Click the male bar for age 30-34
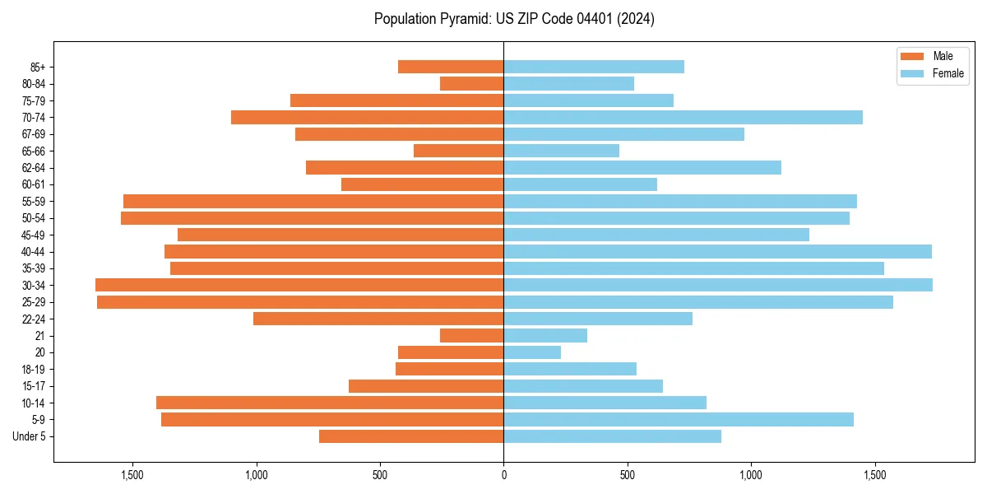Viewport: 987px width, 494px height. (299, 285)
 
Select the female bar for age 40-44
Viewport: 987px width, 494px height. (717, 251)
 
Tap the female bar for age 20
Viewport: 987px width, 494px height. (532, 352)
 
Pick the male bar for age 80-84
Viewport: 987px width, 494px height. (471, 83)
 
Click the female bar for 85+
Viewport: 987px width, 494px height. (594, 67)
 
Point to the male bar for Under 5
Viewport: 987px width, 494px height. (411, 436)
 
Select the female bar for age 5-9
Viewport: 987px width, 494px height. (679, 419)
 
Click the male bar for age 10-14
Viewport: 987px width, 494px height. (330, 403)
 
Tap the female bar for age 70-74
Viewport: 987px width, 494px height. (683, 117)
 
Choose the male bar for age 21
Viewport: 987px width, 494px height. (471, 335)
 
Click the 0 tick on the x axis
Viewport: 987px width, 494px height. (503, 474)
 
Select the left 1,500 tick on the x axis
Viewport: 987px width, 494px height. (132, 474)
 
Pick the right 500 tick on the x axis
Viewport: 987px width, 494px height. (628, 474)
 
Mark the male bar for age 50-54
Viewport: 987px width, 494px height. (312, 218)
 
